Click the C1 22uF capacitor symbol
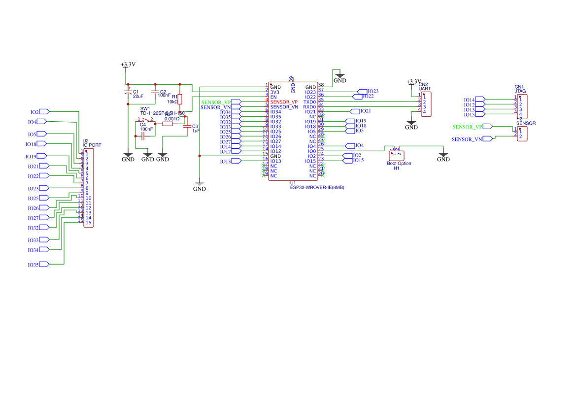tap(128, 93)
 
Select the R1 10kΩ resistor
tap(180, 99)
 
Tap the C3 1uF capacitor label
tap(195, 129)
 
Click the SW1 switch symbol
tap(145, 120)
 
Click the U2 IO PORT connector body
tap(88, 188)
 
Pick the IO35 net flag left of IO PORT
tap(43, 265)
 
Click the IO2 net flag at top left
tap(43, 112)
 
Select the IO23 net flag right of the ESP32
tap(363, 92)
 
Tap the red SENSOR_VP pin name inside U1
tap(284, 102)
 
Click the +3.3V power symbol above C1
tap(128, 65)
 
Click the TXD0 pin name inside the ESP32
tap(309, 102)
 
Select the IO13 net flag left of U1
tap(236, 161)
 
